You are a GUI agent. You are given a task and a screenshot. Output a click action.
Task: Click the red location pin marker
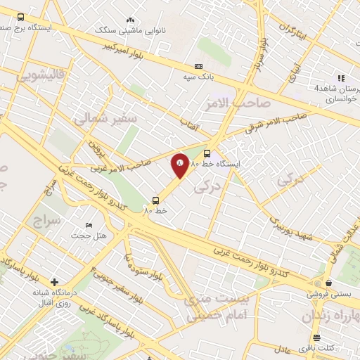click(180, 166)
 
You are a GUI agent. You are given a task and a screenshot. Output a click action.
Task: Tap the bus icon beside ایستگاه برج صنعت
click(20, 17)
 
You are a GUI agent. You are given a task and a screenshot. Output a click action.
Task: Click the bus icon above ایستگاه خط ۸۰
click(207, 153)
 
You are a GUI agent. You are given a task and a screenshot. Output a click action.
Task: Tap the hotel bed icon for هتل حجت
click(89, 225)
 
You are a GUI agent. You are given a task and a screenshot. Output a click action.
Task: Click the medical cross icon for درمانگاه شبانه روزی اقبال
click(54, 282)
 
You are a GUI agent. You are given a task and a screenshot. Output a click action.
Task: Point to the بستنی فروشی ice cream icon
click(317, 284)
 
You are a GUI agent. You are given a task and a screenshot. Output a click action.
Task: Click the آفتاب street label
click(192, 125)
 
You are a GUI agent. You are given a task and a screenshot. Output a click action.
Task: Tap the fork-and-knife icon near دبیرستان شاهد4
click(341, 78)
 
